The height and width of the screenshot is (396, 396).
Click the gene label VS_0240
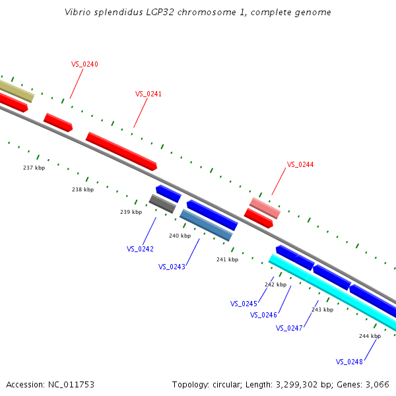[84, 64]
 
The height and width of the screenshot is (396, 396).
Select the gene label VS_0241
[148, 94]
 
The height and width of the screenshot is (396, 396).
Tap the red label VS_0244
[300, 164]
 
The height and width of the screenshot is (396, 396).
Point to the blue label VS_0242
[140, 249]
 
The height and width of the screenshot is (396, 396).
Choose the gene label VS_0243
[172, 267]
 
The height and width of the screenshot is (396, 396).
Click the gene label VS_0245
[244, 304]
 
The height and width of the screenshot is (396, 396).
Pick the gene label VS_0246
[263, 315]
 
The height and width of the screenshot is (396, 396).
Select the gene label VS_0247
[289, 328]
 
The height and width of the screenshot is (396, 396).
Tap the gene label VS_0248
[349, 362]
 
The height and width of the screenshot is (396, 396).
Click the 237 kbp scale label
[34, 168]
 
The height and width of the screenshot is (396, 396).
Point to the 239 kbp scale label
[131, 212]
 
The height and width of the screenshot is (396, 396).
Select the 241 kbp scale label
[227, 259]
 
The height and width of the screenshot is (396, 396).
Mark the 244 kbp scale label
[370, 336]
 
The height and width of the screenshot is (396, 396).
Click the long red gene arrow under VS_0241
[121, 151]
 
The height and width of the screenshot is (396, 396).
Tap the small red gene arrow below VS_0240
[58, 122]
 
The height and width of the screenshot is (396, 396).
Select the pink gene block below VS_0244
[265, 208]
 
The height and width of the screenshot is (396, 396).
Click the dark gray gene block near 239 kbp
[162, 204]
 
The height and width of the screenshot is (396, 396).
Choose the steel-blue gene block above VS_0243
[206, 225]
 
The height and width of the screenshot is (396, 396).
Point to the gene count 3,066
[378, 384]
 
